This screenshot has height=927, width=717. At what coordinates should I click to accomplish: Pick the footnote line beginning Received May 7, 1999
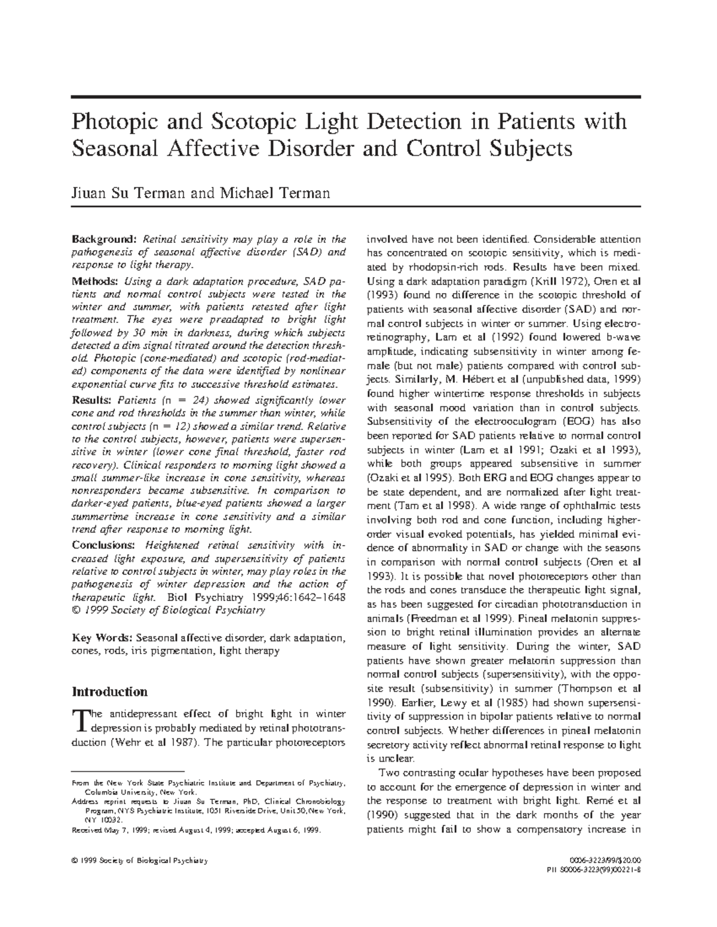(x=196, y=830)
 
